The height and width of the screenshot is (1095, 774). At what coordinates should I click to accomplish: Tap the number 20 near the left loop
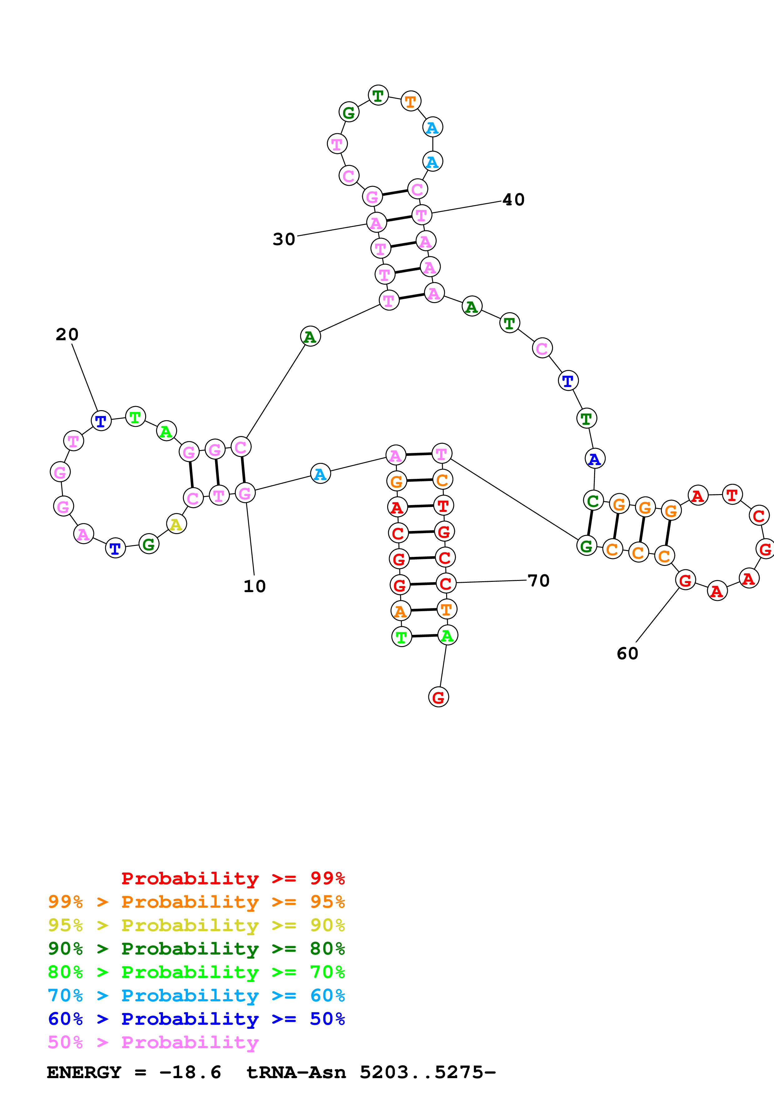(67, 334)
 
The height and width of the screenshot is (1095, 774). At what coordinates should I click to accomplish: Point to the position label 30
(284, 239)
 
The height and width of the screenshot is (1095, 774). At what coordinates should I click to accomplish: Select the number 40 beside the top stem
(514, 199)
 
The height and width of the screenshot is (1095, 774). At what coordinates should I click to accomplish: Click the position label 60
(627, 653)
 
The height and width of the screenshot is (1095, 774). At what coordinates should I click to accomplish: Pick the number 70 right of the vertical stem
(538, 580)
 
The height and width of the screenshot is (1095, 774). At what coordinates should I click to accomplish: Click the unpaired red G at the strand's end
(438, 697)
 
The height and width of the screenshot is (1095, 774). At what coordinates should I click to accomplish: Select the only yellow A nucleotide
(176, 524)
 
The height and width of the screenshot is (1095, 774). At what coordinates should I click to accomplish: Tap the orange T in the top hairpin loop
(411, 101)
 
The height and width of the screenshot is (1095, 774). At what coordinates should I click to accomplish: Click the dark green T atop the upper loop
(378, 96)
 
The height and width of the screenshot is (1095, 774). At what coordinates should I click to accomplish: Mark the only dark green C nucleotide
(593, 501)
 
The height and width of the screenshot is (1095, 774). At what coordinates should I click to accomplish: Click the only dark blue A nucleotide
(595, 459)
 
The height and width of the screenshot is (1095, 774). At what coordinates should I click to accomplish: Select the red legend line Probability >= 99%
(233, 878)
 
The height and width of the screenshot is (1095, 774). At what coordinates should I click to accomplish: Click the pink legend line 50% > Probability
(153, 1043)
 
